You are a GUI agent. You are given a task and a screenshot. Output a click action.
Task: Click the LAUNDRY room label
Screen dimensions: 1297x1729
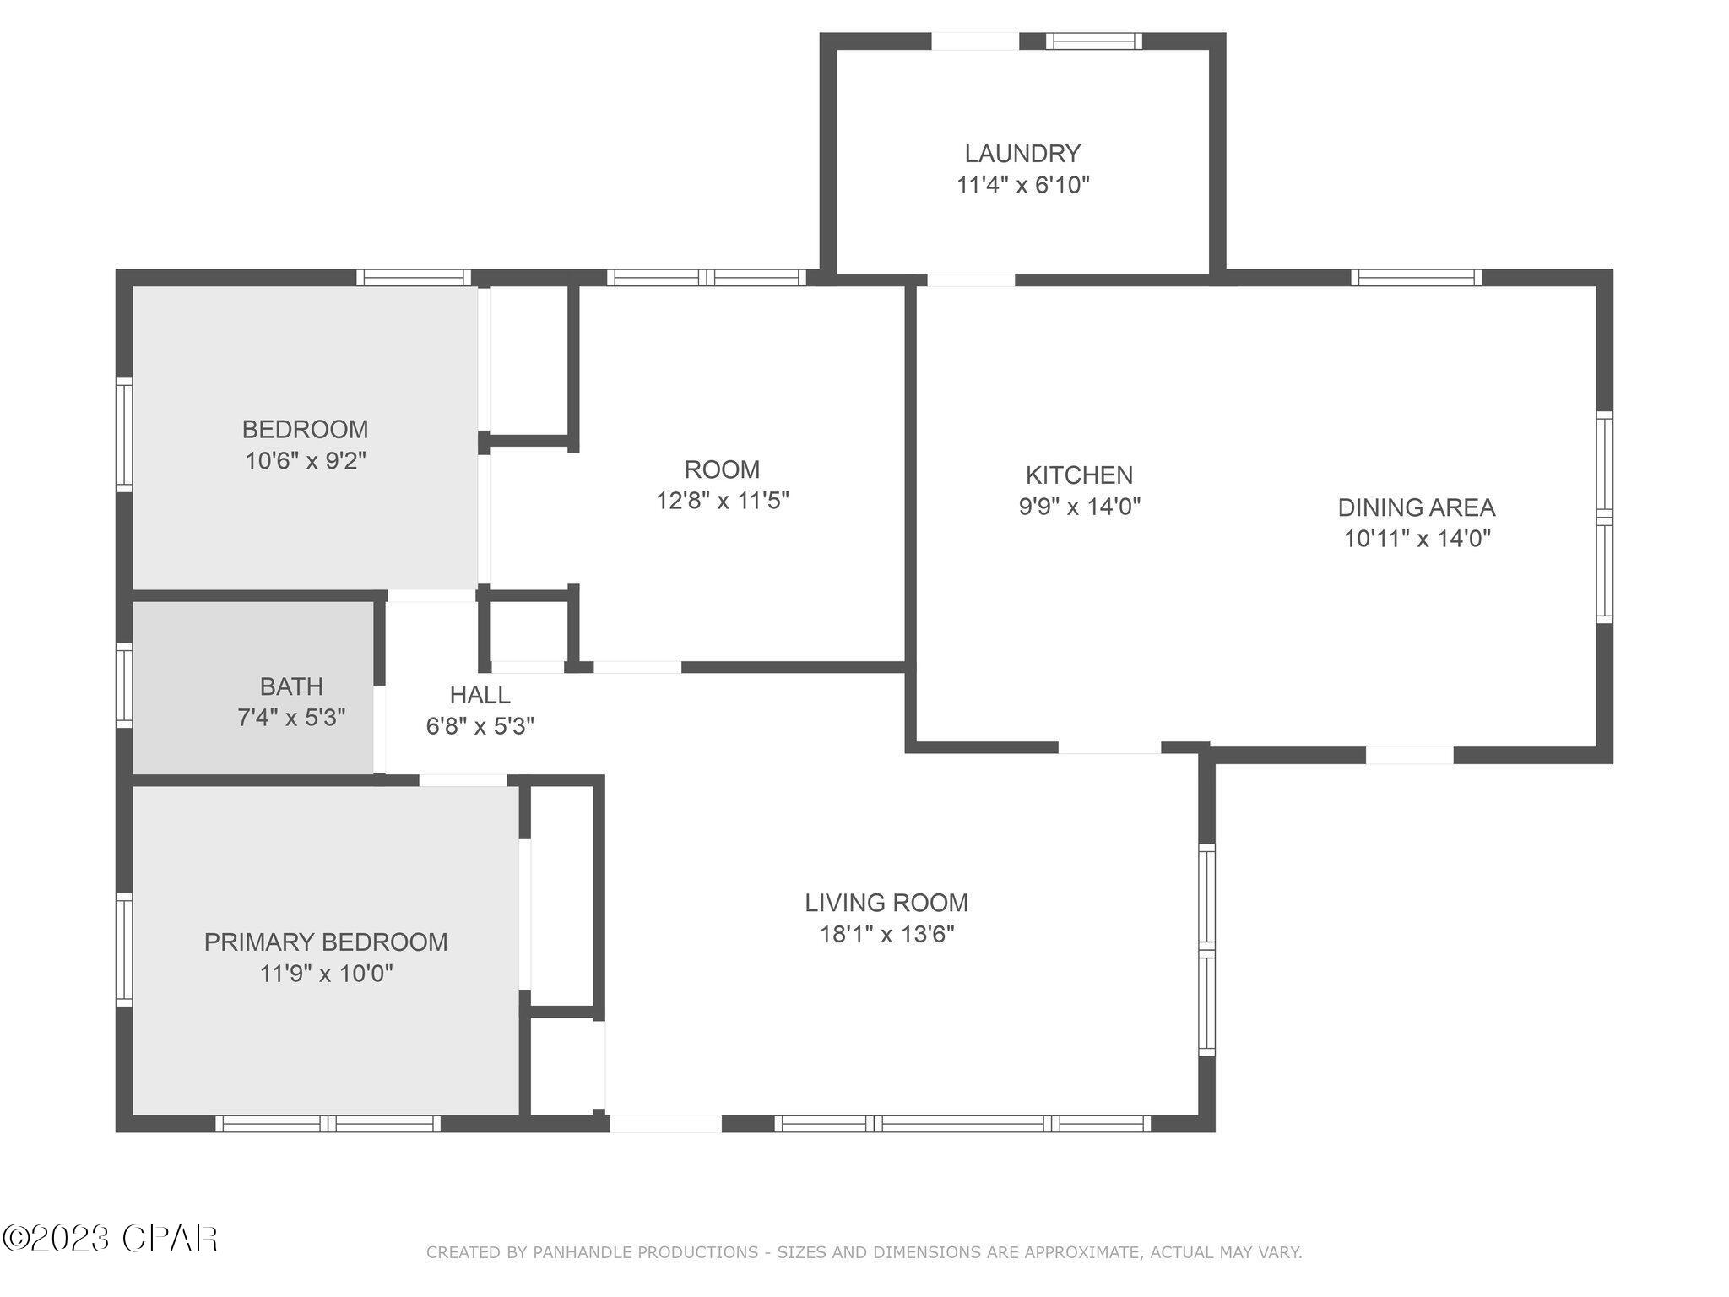coord(1022,154)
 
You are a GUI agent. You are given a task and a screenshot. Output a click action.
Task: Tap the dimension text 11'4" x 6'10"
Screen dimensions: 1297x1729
coord(1022,185)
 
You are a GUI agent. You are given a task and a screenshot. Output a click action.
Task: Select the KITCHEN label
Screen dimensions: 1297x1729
coord(1079,475)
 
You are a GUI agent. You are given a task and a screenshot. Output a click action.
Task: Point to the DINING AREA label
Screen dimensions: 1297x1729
coord(1416,507)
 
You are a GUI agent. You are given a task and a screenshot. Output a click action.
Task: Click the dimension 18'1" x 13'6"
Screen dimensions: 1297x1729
coord(886,934)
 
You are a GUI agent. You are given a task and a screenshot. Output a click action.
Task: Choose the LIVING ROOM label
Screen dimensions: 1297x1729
coord(886,903)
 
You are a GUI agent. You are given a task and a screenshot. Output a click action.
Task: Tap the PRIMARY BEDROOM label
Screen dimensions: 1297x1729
coord(326,942)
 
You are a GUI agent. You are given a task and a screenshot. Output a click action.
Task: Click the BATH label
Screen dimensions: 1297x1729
coord(291,686)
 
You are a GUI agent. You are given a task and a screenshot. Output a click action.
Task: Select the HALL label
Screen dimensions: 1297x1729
coord(480,695)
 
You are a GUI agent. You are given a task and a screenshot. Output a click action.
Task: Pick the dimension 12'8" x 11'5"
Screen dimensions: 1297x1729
coord(722,501)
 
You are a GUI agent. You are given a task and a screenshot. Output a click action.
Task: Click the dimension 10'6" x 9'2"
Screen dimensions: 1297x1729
coord(305,461)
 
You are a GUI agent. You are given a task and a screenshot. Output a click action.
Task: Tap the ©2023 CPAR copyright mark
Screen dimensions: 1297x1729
coord(110,1239)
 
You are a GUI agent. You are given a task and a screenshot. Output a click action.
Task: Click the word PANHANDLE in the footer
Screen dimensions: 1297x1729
coord(583,1252)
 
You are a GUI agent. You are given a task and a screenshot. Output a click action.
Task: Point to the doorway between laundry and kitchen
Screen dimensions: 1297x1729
coord(970,280)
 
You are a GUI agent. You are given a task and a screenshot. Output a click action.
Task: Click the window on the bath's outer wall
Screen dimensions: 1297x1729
coord(124,685)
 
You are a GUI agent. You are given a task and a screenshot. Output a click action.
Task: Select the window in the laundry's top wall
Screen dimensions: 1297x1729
coord(1093,41)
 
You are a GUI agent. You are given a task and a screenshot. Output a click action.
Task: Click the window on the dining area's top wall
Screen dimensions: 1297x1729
coord(1416,278)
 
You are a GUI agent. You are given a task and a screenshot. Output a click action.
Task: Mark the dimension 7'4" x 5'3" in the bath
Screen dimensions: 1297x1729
coord(291,718)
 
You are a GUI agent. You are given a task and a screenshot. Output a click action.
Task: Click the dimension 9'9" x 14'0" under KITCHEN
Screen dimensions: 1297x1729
coord(1079,507)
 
